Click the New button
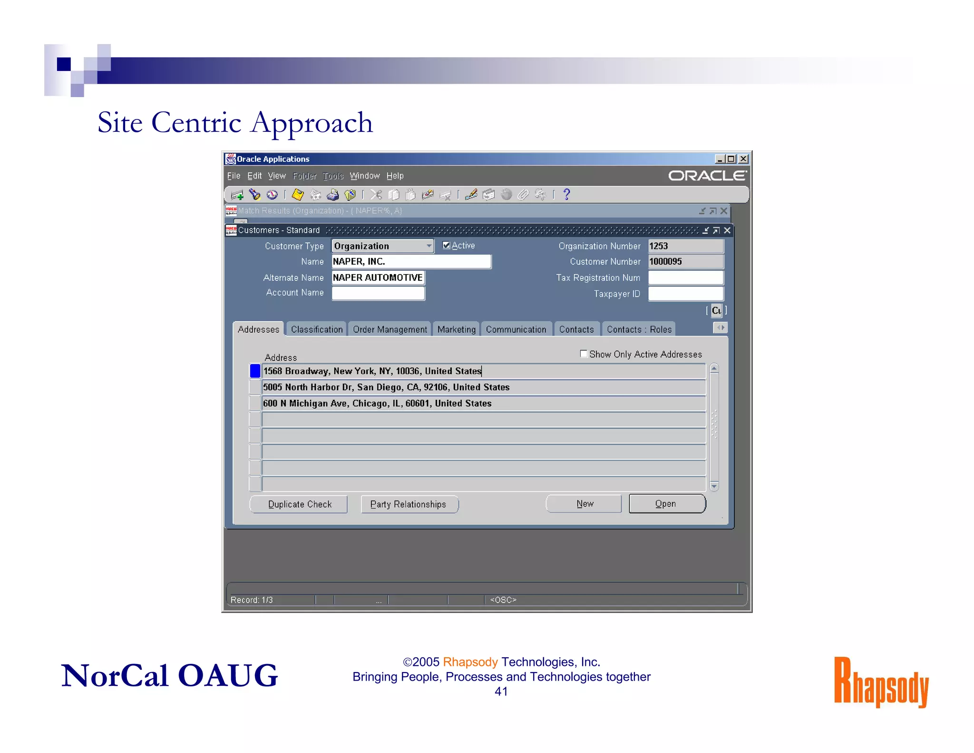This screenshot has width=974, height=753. tap(584, 504)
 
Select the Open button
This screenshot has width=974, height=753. tap(666, 504)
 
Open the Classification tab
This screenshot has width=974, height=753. tap(316, 329)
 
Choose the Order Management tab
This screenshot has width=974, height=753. tap(390, 329)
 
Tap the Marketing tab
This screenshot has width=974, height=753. tap(456, 329)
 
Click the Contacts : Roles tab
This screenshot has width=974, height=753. tap(639, 329)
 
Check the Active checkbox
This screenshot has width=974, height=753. tap(446, 245)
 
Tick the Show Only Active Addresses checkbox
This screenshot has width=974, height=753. tap(584, 354)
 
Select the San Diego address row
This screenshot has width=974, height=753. tap(483, 387)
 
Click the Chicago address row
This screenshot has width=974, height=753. tap(483, 403)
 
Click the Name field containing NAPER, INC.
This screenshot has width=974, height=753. tap(411, 261)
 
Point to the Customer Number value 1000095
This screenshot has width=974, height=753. tap(685, 261)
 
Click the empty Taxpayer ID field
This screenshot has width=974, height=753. tap(685, 294)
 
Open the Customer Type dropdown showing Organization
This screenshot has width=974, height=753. tap(429, 246)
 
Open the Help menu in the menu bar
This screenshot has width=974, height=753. tap(395, 176)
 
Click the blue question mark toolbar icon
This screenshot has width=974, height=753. tap(566, 194)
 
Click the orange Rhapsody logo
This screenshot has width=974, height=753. tap(881, 682)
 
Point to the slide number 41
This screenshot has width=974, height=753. tap(501, 692)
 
